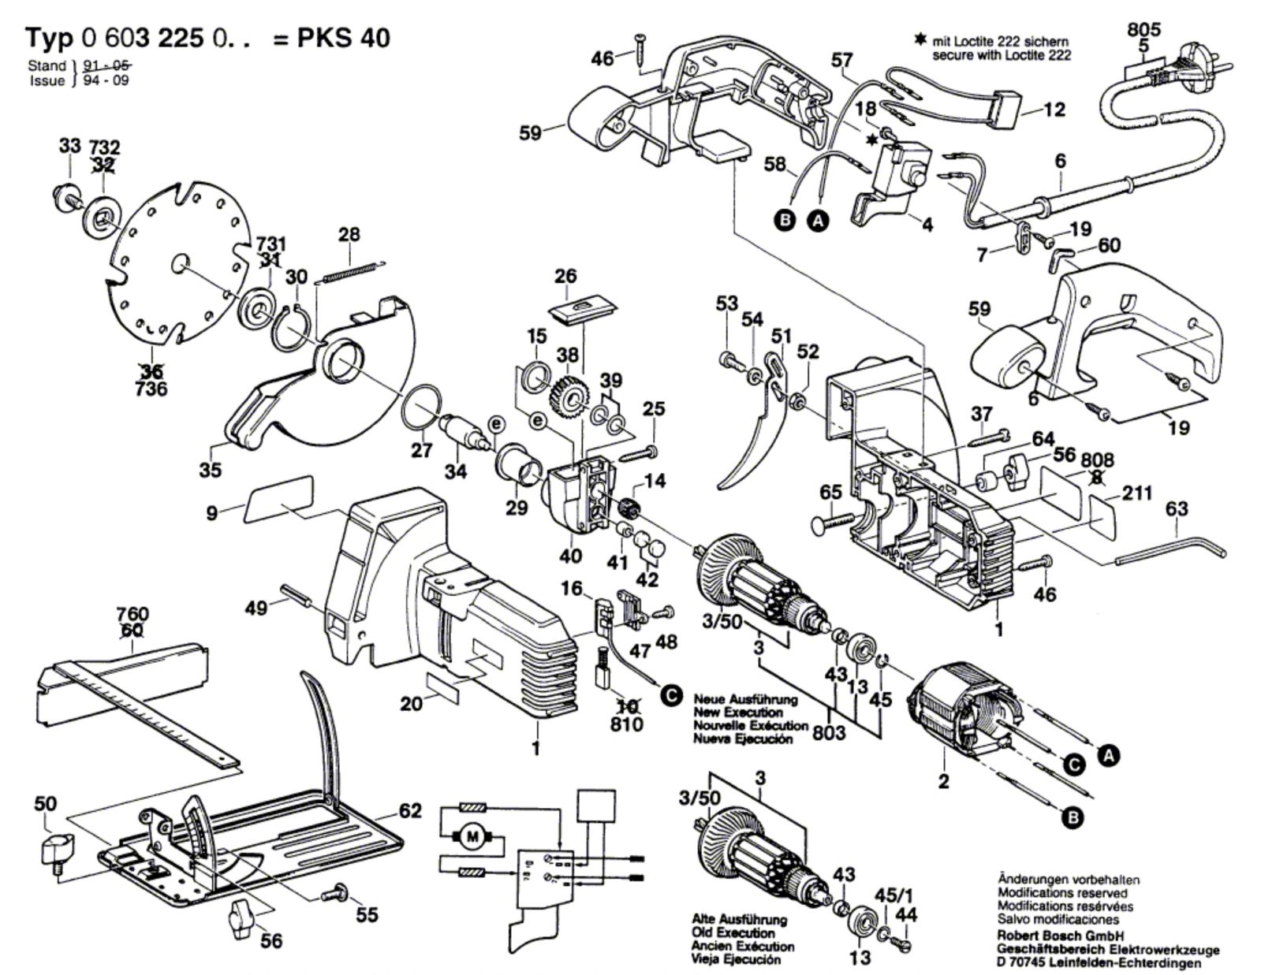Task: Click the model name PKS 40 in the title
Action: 343,38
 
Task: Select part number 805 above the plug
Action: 1143,31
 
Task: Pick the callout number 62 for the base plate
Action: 410,810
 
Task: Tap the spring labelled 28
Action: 352,270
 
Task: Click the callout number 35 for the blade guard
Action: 211,471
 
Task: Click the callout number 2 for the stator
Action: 943,782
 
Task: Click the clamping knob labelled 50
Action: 55,850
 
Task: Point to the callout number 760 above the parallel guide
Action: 132,614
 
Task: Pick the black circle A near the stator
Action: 1109,756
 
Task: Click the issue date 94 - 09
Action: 101,80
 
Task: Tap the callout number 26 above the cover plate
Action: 565,277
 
